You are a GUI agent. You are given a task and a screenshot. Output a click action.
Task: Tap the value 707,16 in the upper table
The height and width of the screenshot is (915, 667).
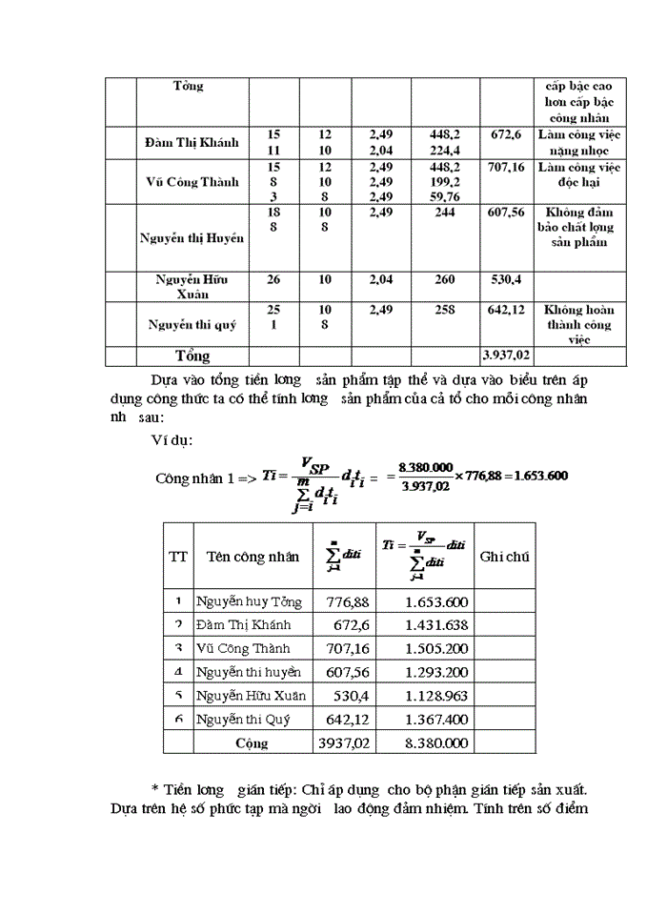coord(505,167)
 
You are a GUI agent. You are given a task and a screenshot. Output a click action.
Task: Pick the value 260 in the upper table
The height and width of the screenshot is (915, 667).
coord(444,280)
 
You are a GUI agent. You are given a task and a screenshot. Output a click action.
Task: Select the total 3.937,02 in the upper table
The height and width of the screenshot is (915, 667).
coord(506,356)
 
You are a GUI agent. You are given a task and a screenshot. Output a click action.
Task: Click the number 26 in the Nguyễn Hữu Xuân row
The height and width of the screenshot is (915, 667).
coord(273,280)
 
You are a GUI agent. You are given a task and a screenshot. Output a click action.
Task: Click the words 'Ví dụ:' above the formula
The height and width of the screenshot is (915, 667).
coord(172,441)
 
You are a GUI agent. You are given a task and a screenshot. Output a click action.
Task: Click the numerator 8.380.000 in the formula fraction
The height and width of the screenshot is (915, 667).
coord(425,467)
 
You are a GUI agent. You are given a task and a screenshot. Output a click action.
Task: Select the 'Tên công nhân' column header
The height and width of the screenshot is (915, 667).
coord(253,557)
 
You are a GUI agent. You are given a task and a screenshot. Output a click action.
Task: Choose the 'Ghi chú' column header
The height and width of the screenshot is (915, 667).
coord(504,557)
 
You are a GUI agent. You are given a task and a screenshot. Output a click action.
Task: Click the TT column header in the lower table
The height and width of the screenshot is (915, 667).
coord(178,557)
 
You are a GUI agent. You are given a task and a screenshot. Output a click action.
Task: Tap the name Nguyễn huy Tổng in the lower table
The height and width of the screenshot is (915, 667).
coord(249,601)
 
